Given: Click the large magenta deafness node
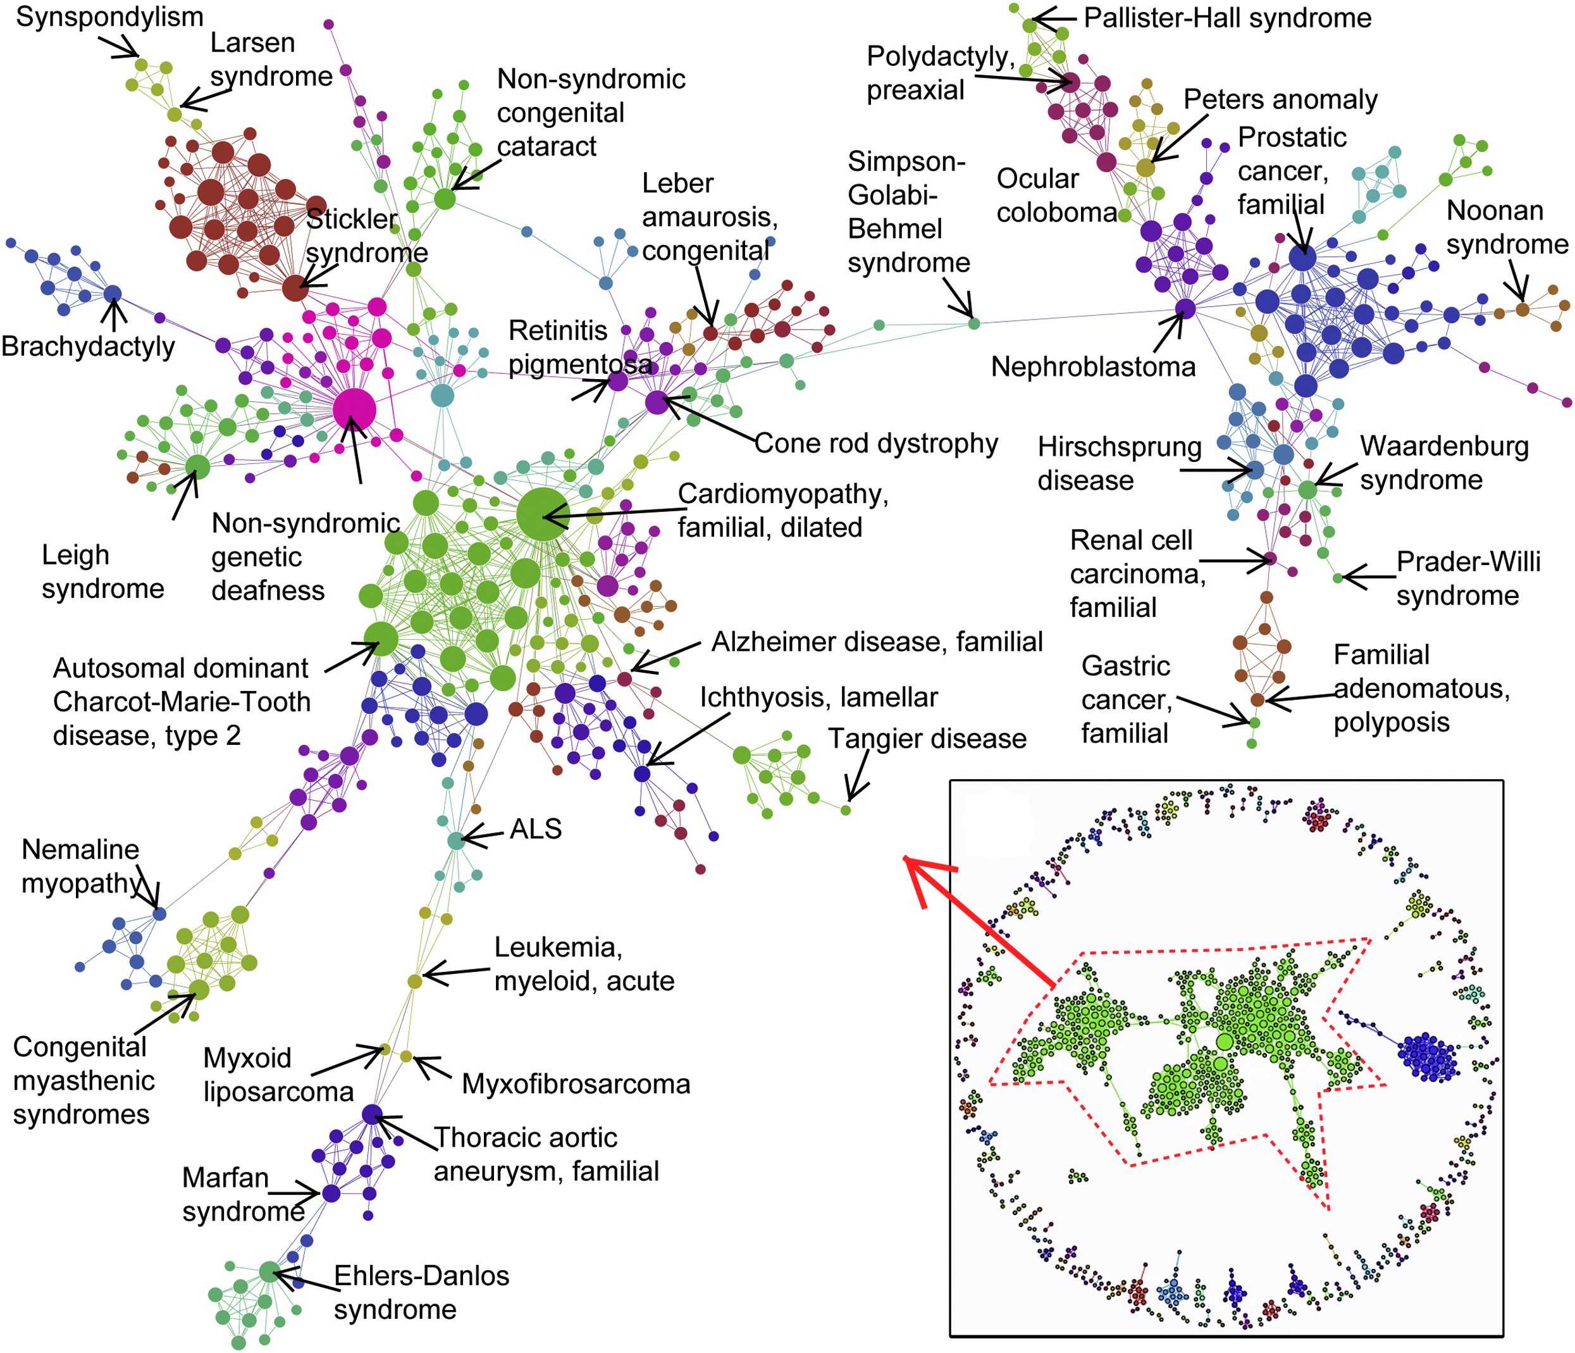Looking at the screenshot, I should [354, 409].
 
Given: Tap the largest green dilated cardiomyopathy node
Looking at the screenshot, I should [542, 515].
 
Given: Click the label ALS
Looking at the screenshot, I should [535, 828].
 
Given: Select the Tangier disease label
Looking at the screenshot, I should [927, 739].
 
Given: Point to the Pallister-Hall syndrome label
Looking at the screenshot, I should [1227, 18].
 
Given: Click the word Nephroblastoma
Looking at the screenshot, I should [1092, 366].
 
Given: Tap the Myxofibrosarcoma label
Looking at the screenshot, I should [576, 1084].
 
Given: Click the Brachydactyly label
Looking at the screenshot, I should [87, 346].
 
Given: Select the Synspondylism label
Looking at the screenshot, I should [109, 16].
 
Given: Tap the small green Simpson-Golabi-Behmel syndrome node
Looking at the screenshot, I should [973, 323].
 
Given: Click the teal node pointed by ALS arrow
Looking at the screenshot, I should [455, 840].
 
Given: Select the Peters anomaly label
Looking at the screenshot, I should [1280, 99].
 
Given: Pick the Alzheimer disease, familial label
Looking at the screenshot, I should [877, 642].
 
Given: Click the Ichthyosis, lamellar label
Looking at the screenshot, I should [818, 697].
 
